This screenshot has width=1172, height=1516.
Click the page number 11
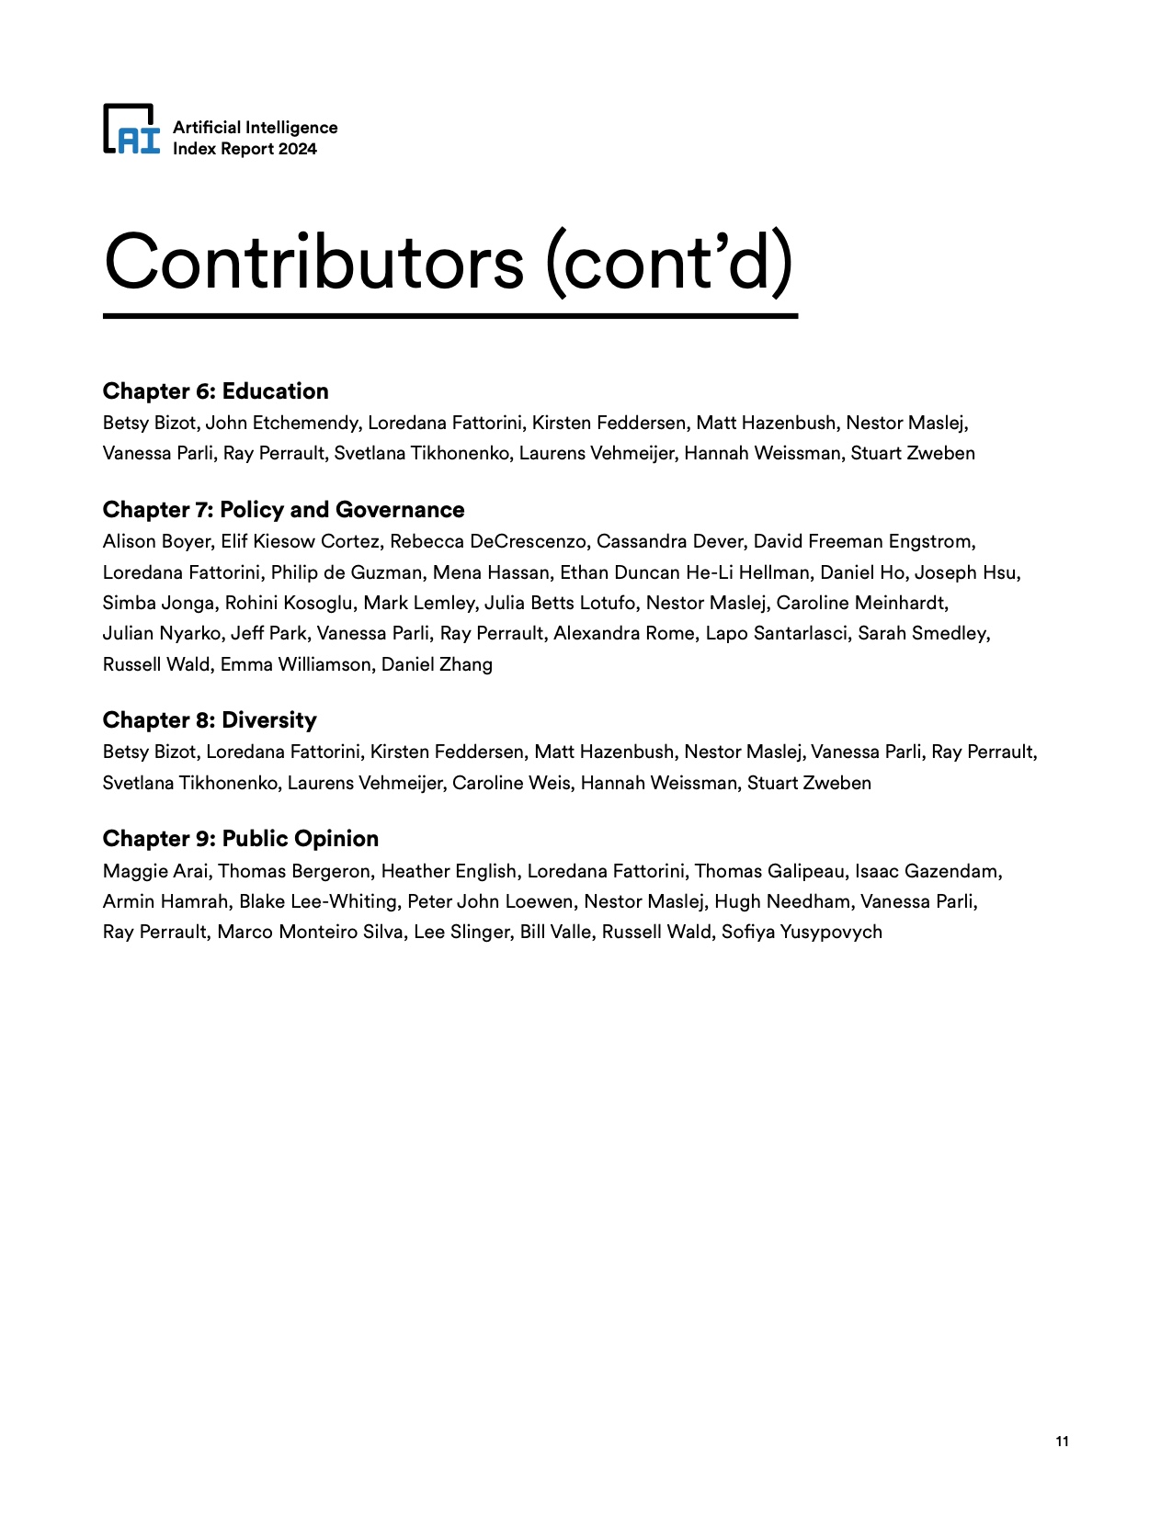tap(1062, 1441)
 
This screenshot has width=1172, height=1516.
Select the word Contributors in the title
tap(313, 262)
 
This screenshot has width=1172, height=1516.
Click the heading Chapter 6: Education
tap(215, 391)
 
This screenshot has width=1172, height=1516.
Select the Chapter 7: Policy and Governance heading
tap(283, 510)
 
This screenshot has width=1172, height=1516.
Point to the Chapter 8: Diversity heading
tap(210, 720)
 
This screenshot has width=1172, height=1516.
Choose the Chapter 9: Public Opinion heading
tap(241, 839)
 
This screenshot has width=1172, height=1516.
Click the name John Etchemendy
tap(282, 423)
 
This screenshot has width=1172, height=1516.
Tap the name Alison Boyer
tap(156, 541)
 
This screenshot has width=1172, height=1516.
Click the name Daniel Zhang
tap(437, 664)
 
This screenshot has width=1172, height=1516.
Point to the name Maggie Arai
tap(155, 871)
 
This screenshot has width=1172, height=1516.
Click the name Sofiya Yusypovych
tap(802, 932)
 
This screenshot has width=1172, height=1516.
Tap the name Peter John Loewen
tap(490, 901)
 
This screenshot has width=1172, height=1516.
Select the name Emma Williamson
tap(295, 664)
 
